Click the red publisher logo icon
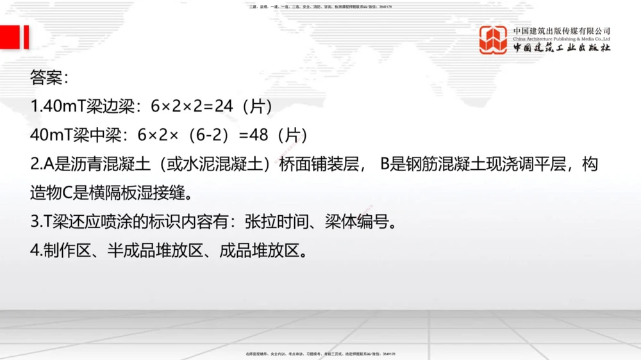pos(494,40)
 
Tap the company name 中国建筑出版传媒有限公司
pos(562,31)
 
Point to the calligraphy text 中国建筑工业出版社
pos(562,48)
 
